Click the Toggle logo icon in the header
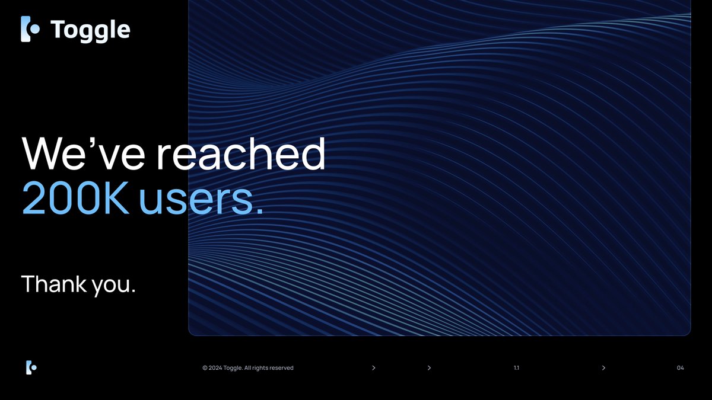pyautogui.click(x=30, y=29)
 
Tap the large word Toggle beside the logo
pyautogui.click(x=90, y=30)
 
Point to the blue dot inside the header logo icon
pyautogui.click(x=35, y=28)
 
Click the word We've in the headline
pyautogui.click(x=81, y=154)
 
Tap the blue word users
pyautogui.click(x=201, y=201)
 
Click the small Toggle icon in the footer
pyautogui.click(x=31, y=367)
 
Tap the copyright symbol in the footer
pyautogui.click(x=205, y=368)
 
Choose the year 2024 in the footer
pyautogui.click(x=215, y=368)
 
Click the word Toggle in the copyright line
pyautogui.click(x=233, y=368)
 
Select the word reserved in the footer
pyautogui.click(x=282, y=368)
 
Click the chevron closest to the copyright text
pyautogui.click(x=373, y=368)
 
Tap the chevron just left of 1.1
pyautogui.click(x=429, y=368)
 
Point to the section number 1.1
pyautogui.click(x=516, y=368)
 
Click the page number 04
pyautogui.click(x=680, y=368)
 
